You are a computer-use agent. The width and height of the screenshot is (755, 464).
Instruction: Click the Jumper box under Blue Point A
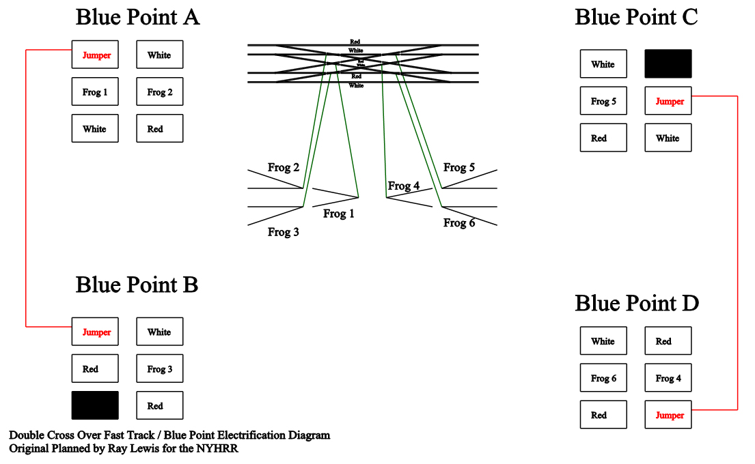(95, 55)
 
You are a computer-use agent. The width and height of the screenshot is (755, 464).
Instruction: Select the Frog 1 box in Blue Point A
(95, 91)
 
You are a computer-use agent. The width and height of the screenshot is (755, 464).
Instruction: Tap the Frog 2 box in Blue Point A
(160, 91)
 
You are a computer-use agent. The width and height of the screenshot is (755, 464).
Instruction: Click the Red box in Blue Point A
(160, 128)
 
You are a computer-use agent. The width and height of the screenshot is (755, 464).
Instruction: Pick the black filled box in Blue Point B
(95, 405)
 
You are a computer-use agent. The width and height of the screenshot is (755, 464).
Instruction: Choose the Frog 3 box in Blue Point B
(160, 368)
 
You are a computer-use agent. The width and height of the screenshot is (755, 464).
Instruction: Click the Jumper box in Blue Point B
(95, 332)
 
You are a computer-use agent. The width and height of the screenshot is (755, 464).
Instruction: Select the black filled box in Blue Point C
(668, 63)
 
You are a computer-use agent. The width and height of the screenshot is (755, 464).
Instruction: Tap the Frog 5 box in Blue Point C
(603, 101)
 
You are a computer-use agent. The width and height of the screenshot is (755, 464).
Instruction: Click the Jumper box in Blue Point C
(668, 101)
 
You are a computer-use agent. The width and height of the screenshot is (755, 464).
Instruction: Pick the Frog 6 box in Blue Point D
(603, 378)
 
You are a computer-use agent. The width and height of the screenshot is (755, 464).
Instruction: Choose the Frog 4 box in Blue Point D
(668, 378)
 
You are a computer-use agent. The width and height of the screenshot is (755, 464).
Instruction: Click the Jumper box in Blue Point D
(668, 415)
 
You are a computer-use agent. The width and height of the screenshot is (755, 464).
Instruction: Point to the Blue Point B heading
(137, 285)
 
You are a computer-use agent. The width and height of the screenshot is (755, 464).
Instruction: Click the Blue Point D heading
(637, 302)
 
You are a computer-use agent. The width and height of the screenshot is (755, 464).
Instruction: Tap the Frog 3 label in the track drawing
(284, 232)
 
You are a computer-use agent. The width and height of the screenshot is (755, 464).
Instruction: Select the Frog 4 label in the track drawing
(404, 186)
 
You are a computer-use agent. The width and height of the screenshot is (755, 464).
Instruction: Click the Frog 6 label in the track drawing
(459, 222)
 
